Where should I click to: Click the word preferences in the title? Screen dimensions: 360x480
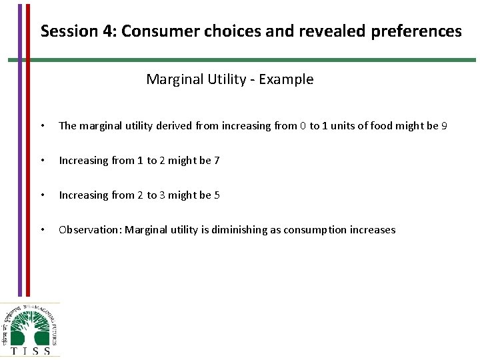(424, 31)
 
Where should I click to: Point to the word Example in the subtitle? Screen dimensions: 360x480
(286, 79)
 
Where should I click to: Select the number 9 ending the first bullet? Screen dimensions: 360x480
(444, 126)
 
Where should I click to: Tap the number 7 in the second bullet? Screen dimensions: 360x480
(217, 161)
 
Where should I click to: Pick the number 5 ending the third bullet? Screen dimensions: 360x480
(217, 195)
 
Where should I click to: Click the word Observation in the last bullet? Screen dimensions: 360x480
(88, 230)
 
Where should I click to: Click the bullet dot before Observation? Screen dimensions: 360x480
(43, 230)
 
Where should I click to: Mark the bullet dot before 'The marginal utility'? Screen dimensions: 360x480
(43, 126)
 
